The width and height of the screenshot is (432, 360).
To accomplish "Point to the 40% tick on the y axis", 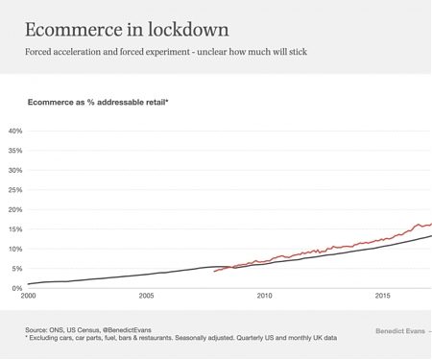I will [x=15, y=131].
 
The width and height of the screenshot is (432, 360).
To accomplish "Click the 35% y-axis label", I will [x=15, y=151].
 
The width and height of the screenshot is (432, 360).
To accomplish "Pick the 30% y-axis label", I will [x=15, y=170].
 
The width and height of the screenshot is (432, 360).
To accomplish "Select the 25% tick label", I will [x=15, y=190].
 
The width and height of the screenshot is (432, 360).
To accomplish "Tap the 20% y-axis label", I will [x=15, y=209].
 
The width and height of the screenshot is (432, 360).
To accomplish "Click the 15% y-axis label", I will [x=15, y=229].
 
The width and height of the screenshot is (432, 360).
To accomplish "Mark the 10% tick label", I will [x=15, y=249].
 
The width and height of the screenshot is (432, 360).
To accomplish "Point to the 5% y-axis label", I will [x=17, y=269].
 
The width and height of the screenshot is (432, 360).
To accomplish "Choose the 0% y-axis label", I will [x=17, y=288].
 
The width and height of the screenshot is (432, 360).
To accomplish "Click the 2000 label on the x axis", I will [x=29, y=296].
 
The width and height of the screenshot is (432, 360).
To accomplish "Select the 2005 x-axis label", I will [x=146, y=296].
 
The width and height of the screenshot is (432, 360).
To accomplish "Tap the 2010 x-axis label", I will [x=264, y=296].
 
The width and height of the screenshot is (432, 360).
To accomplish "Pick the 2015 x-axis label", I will [x=382, y=296].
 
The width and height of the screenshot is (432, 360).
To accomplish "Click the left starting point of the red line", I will [x=214, y=272].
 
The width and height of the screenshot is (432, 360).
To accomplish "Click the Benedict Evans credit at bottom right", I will [x=398, y=331].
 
